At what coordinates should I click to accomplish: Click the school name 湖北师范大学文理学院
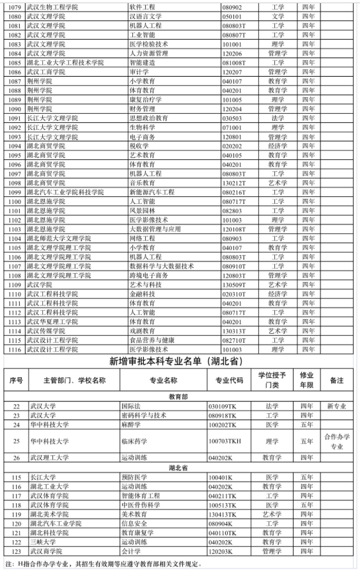[59, 238]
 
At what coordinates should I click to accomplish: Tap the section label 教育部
[180, 396]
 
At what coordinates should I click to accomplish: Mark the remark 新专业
[337, 406]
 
